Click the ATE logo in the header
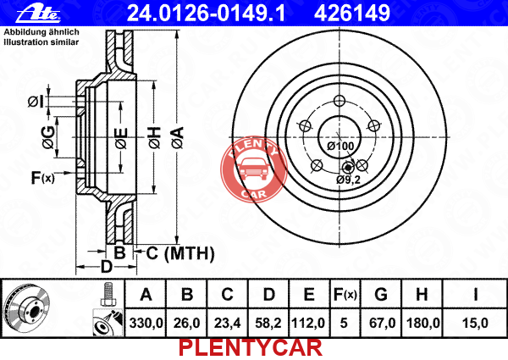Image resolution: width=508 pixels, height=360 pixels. [x=38, y=14]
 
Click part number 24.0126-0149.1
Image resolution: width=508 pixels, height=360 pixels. [x=207, y=13]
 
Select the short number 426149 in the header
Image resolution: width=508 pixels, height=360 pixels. [x=352, y=13]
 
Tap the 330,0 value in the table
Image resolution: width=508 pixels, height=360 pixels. [x=146, y=323]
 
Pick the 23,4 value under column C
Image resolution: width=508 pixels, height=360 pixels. [x=228, y=323]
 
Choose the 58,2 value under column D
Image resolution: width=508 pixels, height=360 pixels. [x=268, y=323]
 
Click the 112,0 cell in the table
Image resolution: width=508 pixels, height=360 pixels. [x=308, y=323]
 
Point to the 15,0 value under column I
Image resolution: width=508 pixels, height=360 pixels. [x=475, y=323]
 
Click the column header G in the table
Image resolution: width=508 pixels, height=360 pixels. [x=381, y=295]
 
